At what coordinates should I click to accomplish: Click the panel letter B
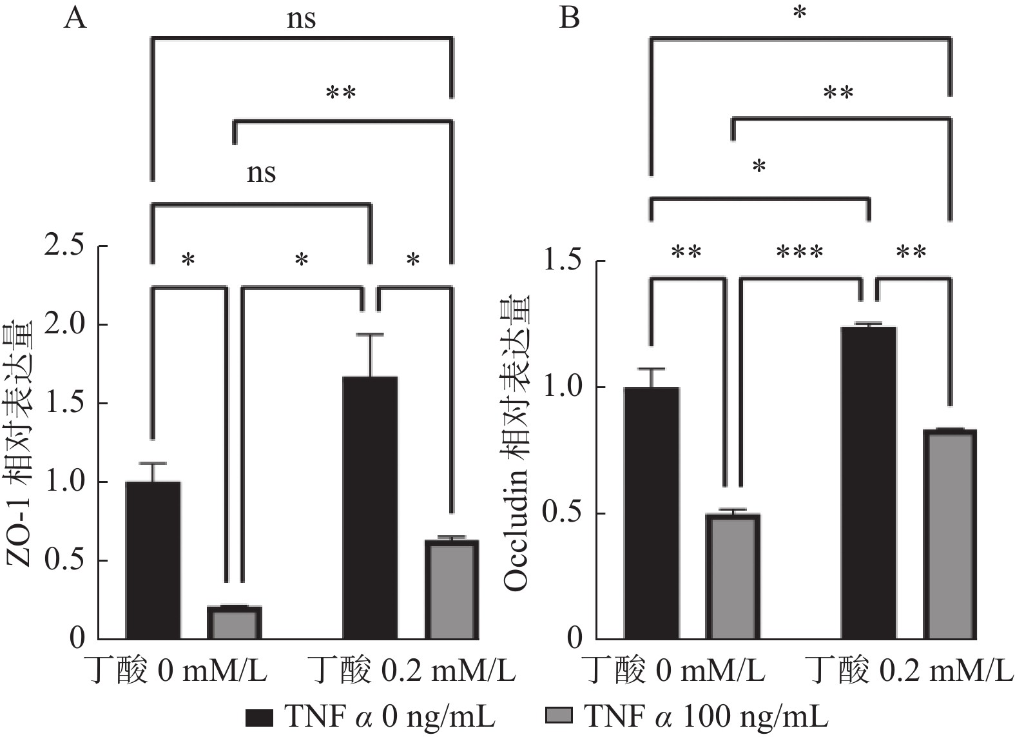[569, 18]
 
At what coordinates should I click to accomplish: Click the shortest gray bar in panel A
[234, 623]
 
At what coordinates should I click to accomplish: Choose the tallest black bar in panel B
[869, 483]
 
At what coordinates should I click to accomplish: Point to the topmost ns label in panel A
[301, 19]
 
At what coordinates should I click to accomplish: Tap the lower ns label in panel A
[261, 173]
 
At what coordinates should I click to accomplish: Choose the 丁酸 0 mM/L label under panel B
[672, 671]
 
